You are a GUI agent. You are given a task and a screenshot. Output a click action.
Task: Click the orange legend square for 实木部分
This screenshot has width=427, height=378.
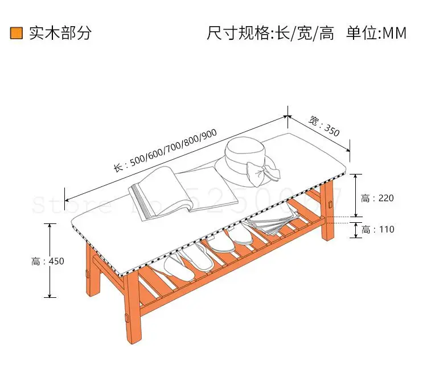17,33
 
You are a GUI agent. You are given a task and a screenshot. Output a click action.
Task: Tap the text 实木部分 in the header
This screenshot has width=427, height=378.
60,33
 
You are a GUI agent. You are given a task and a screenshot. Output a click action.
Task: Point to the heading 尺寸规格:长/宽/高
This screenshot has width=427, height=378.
270,33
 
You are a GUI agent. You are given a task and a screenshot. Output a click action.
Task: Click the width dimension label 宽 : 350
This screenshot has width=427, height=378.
324,126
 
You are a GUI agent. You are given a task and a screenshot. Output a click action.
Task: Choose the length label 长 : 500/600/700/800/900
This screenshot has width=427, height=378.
165,149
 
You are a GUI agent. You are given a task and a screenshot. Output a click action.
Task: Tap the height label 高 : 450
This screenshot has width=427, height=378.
48,261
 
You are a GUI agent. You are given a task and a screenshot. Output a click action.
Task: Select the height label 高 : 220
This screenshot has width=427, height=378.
377,198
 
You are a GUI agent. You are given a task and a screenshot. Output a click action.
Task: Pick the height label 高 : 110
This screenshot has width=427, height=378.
377,230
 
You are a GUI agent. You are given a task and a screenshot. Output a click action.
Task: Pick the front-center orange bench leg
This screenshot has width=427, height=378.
133,310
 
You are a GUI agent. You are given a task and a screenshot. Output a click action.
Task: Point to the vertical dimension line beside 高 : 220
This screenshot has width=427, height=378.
356,195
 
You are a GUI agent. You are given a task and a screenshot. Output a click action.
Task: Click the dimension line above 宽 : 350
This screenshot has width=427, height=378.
319,133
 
